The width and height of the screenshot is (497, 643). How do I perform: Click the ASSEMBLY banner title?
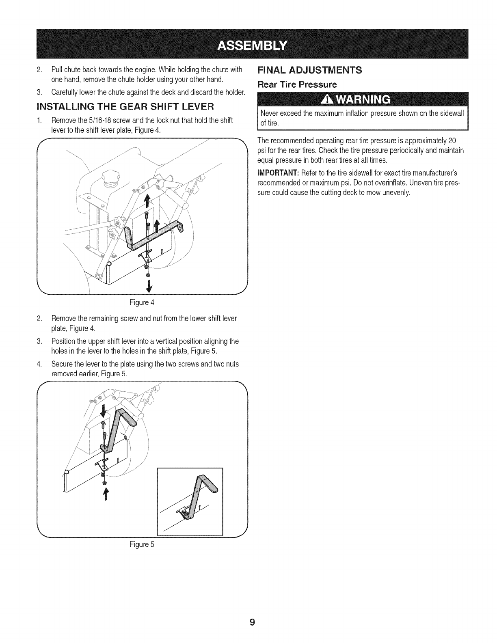252,44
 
